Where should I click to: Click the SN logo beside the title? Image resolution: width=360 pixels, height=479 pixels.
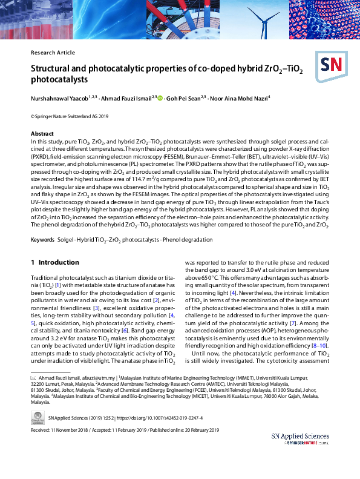tap(329, 66)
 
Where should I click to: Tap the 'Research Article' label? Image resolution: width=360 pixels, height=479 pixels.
tap(53, 53)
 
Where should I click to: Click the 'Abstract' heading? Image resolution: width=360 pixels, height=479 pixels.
tap(43, 133)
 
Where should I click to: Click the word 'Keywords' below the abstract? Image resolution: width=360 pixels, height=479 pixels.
tap(45, 240)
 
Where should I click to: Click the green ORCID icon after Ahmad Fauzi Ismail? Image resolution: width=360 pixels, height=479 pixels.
tap(160, 97)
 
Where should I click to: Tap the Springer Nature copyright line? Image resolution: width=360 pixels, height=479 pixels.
tap(70, 116)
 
